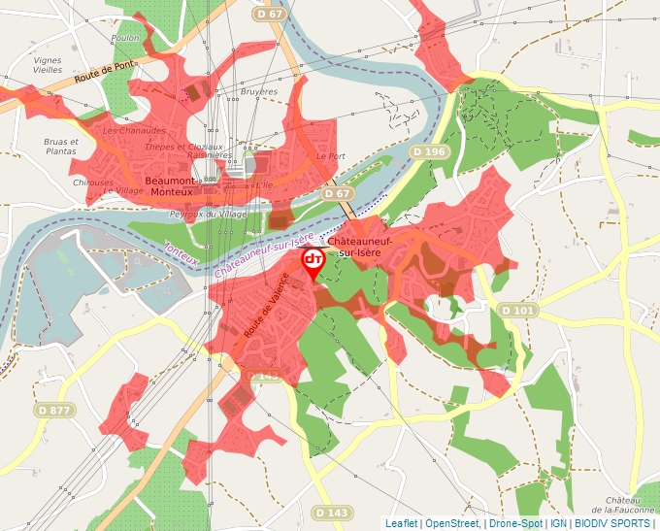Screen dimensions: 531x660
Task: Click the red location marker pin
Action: pos(313,262)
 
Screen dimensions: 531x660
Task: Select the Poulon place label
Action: pos(126,38)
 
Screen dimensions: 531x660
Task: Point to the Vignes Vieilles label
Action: pos(47,65)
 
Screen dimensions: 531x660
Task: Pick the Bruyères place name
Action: pos(258,92)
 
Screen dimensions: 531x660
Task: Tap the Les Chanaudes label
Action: pos(134,130)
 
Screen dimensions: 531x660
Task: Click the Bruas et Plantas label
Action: pos(60,146)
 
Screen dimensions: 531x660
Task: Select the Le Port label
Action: pos(330,155)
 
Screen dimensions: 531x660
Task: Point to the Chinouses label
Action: pos(93,182)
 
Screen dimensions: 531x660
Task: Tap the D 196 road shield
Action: pos(428,151)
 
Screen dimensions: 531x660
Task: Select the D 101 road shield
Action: pos(518,310)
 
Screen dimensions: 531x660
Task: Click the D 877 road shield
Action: pos(54,410)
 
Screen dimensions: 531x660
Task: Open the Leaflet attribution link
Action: pos(401,523)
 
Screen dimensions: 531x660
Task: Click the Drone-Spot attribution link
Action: pos(515,523)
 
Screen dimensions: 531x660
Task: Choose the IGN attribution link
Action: pos(558,523)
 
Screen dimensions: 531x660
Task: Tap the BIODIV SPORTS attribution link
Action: pos(611,523)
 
